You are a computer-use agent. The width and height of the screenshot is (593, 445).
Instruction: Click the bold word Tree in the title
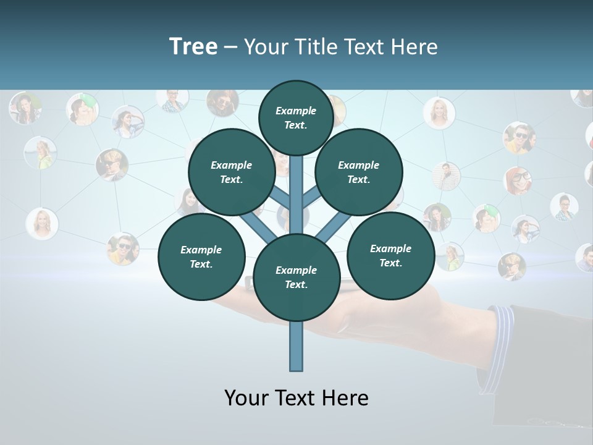(193, 46)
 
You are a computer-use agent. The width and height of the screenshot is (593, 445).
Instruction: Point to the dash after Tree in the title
(230, 48)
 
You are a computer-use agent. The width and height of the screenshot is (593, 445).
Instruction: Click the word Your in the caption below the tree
(247, 398)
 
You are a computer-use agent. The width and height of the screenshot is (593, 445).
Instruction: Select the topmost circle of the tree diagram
(296, 117)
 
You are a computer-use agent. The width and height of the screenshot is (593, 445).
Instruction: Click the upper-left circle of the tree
(232, 172)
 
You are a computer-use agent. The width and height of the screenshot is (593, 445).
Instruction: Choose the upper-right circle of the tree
(359, 172)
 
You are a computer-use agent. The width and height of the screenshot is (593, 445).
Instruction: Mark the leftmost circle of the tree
(201, 256)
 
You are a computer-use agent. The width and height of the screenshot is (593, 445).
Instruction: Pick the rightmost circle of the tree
(390, 255)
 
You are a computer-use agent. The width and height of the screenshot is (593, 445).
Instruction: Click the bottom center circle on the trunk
(296, 278)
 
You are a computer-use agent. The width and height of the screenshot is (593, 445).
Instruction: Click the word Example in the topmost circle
(296, 111)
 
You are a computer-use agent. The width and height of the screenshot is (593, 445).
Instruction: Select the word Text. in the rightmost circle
(390, 263)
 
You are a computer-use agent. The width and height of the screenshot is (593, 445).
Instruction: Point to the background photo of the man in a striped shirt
(446, 176)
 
